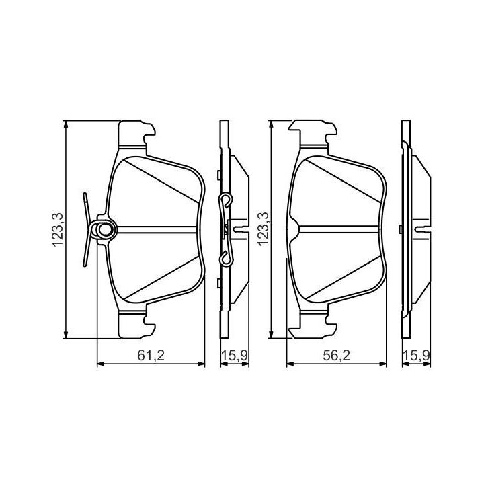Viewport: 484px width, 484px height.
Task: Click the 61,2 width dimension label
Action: (151, 356)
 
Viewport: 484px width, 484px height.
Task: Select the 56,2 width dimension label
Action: (337, 356)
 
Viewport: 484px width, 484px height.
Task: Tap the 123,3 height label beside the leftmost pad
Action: (58, 229)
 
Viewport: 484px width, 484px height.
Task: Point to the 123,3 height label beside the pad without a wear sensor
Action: (264, 229)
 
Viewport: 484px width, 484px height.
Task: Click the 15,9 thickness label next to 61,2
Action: (235, 356)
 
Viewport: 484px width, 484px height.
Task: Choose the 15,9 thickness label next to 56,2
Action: (416, 356)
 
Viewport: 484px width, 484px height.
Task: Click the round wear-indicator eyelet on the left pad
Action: (106, 229)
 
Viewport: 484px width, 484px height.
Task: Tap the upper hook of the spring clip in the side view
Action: (226, 200)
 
